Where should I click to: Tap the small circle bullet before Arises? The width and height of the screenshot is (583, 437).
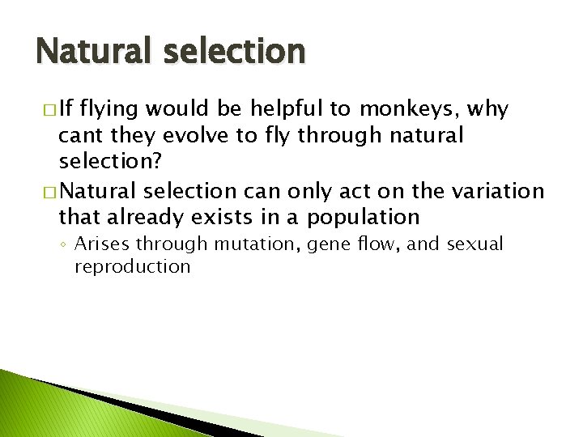tap(64, 244)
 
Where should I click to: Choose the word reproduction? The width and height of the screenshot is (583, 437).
tap(132, 266)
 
